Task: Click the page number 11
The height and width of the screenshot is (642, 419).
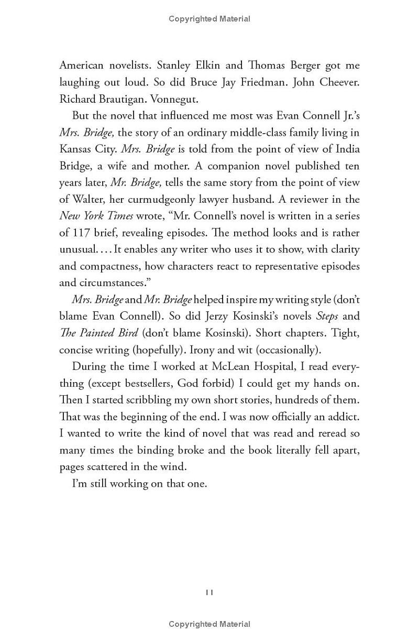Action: click(x=209, y=592)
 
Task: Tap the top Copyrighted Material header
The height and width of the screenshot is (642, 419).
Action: click(x=210, y=19)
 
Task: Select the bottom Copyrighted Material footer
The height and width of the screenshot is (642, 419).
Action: click(x=210, y=624)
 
